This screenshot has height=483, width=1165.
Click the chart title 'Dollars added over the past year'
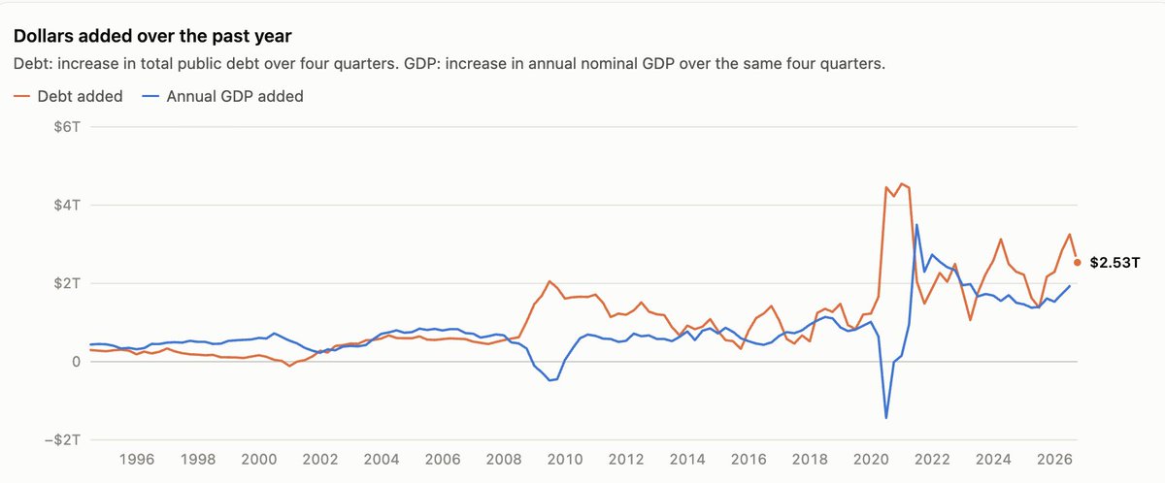point(152,36)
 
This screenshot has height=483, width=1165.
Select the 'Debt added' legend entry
point(68,96)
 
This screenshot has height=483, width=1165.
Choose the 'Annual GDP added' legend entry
point(222,96)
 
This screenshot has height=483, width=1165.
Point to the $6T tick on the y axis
point(67,127)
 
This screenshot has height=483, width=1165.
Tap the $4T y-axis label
point(67,206)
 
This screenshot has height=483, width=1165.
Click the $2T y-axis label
point(67,283)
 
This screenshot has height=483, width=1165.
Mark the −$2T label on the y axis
point(62,440)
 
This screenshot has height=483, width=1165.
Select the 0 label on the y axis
point(76,362)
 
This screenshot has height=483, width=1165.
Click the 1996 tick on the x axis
point(137,459)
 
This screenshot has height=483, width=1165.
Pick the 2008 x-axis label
point(504,459)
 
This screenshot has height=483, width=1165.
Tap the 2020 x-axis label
point(871,459)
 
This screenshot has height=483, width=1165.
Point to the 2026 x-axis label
point(1054,459)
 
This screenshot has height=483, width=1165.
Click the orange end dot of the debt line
point(1077,263)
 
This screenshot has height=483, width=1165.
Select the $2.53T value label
point(1115,263)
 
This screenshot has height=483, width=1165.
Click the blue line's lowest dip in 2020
point(885,418)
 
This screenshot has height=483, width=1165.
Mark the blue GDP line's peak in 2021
point(916,225)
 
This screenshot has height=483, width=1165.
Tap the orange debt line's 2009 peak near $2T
point(549,281)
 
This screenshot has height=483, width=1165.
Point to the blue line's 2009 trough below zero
point(549,380)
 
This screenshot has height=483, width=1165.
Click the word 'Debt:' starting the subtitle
point(33,64)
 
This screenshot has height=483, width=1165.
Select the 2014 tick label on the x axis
point(687,459)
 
